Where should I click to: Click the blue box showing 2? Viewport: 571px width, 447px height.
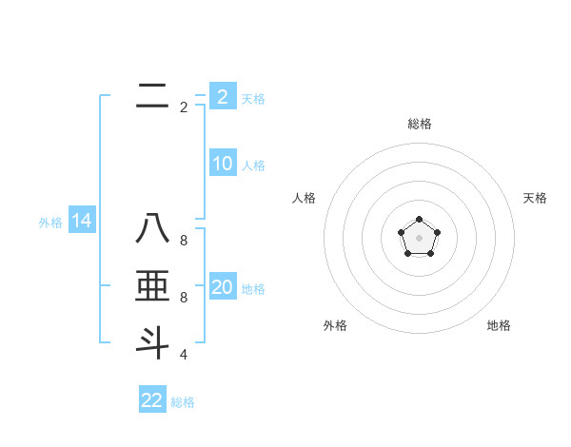coord(223,96)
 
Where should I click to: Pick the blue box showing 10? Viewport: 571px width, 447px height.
coord(223,164)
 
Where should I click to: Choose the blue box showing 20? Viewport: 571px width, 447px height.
coord(223,287)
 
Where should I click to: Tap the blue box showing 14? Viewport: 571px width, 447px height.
coord(82,221)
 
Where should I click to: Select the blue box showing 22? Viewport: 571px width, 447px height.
coord(152,399)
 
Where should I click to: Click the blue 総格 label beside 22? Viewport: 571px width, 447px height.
coord(183,402)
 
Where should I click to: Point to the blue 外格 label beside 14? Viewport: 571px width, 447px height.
coord(50,223)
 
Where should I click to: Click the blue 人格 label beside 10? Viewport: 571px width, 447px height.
coord(253,165)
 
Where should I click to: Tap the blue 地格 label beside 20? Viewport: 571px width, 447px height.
coord(253,289)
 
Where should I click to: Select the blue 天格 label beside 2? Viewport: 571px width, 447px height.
coord(253,98)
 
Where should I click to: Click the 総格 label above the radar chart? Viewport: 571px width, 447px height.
coord(419,124)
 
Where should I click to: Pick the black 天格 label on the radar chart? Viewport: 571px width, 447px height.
coord(535,198)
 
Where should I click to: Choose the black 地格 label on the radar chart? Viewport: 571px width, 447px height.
coord(499,325)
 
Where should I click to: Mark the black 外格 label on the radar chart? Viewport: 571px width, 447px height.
coord(335,325)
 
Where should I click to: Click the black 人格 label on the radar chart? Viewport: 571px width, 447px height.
coord(304,198)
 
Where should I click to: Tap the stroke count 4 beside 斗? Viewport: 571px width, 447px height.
coord(184,355)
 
